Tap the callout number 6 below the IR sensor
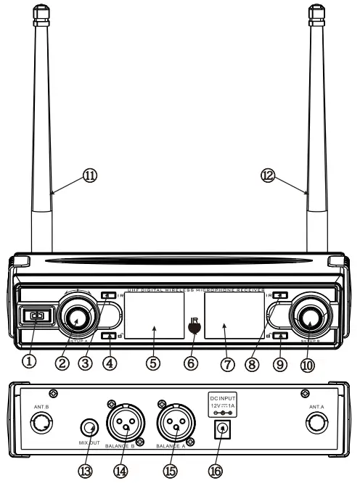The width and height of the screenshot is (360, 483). tap(190, 362)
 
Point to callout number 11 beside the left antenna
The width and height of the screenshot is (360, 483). tap(91, 175)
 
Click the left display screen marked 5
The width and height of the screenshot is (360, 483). tap(154, 315)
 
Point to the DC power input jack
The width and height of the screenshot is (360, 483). tap(217, 431)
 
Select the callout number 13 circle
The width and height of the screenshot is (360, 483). tap(87, 471)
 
